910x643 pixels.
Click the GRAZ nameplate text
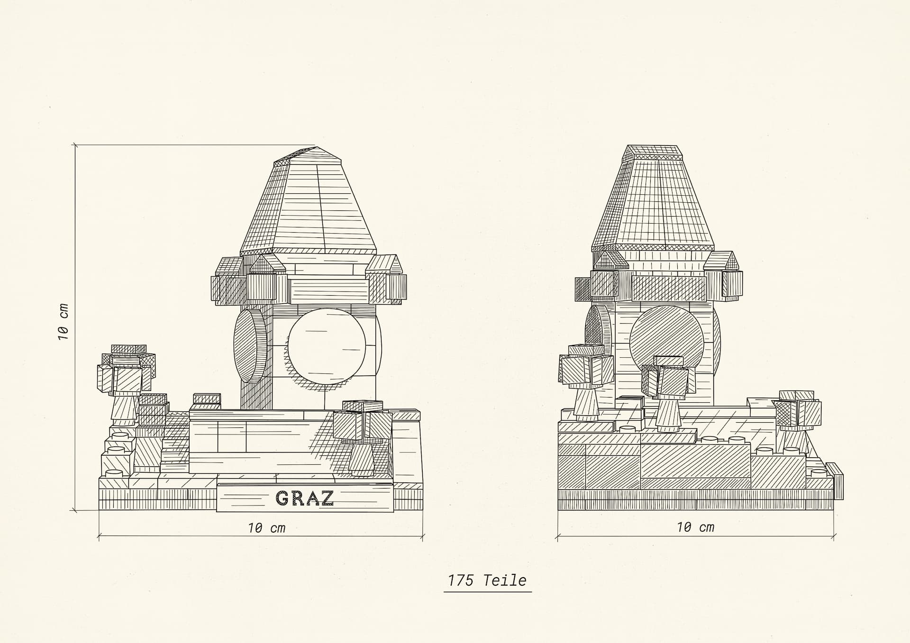click(x=305, y=498)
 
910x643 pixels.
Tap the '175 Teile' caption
click(x=487, y=580)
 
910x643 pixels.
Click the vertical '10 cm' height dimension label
click(x=64, y=322)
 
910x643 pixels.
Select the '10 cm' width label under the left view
click(x=267, y=528)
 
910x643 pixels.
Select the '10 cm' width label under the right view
click(x=695, y=527)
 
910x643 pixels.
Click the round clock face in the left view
click(x=327, y=346)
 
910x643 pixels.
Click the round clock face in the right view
click(x=665, y=343)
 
